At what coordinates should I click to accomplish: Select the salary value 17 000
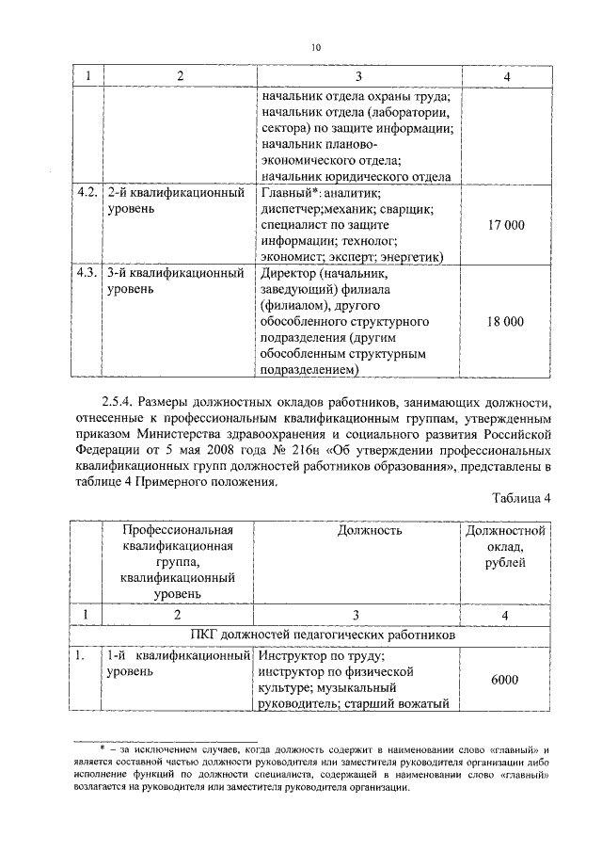pos(506,225)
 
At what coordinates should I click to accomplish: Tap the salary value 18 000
pos(506,322)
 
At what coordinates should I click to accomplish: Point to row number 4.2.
pos(87,193)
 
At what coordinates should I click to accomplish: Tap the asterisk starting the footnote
pos(103,749)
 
